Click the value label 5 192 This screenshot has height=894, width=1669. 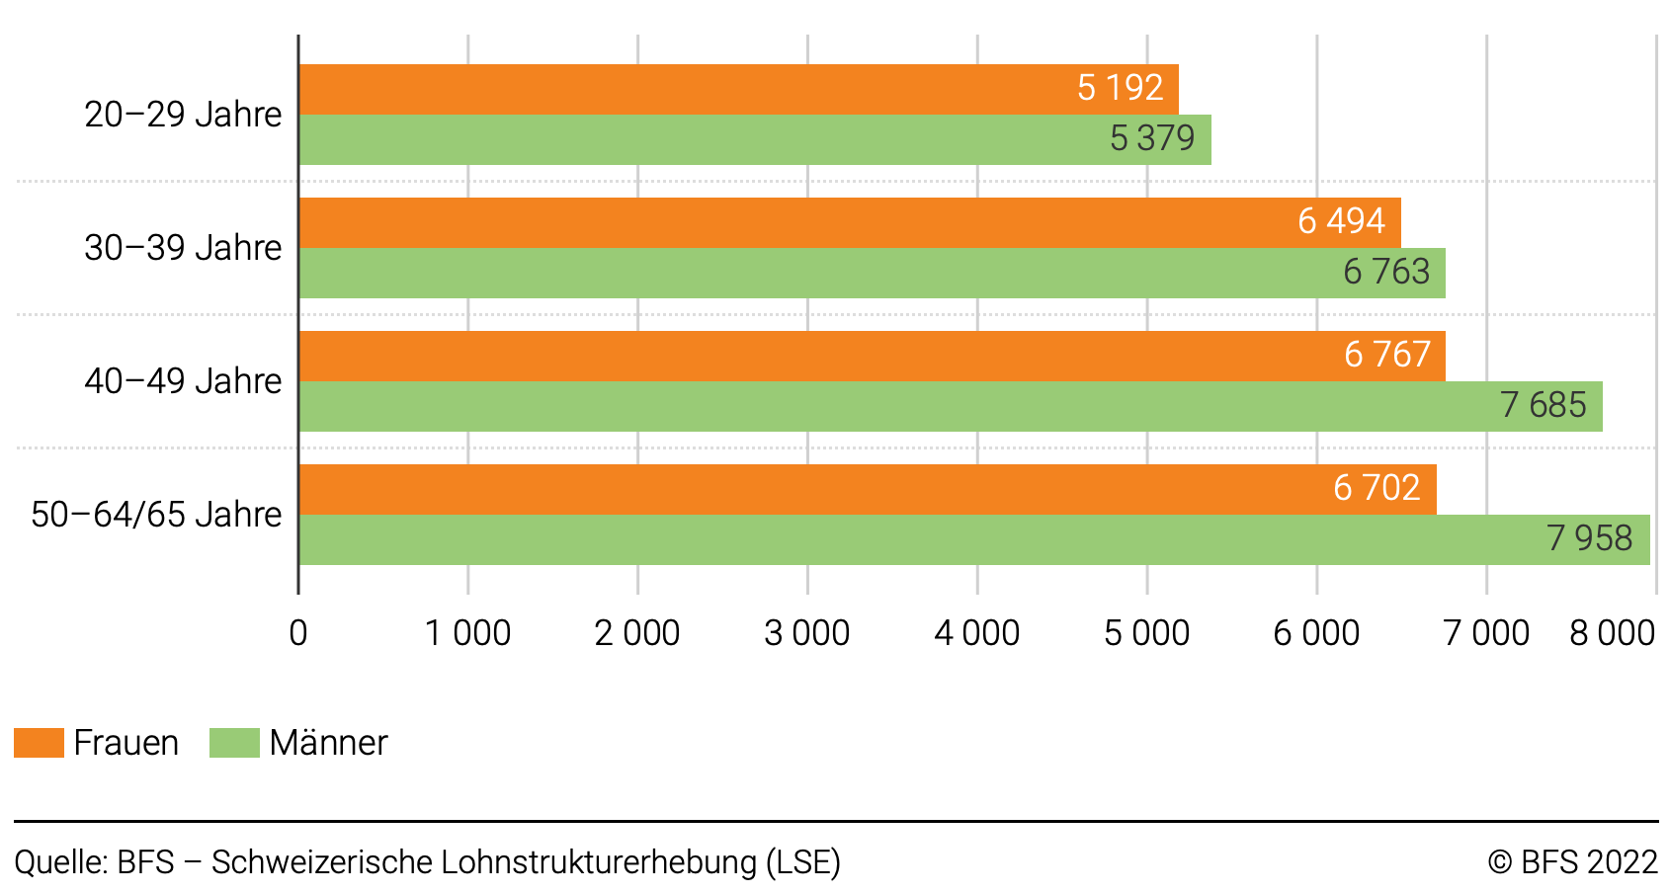[1120, 88]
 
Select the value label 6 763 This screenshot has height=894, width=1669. [1386, 272]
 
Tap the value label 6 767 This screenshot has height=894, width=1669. [1387, 355]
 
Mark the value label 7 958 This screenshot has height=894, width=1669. [1589, 538]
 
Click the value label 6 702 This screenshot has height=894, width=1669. [1377, 488]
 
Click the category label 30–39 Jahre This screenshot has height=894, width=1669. [183, 248]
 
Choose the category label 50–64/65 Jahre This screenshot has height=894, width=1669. [156, 515]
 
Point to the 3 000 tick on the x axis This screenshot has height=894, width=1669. [806, 633]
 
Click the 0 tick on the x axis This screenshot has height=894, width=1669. [298, 633]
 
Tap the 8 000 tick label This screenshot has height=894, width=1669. [1612, 633]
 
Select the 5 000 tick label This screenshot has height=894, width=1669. [1146, 633]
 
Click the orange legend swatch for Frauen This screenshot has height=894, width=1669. [39, 743]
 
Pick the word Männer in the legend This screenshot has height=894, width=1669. [328, 743]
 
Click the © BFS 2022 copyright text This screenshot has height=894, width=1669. [1572, 862]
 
